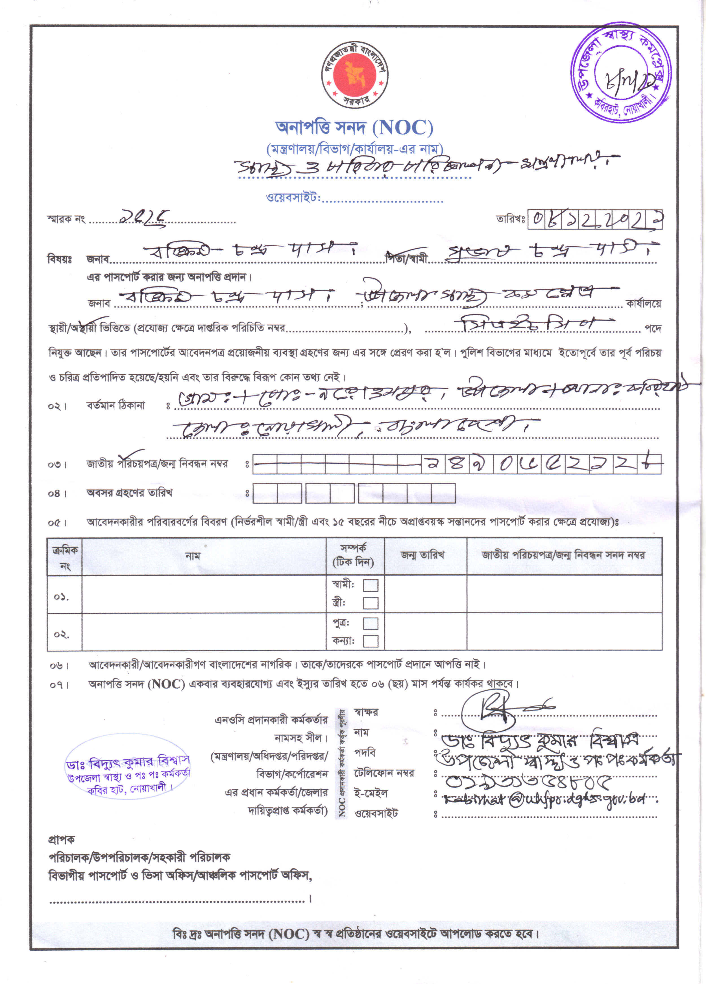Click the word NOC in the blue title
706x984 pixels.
coord(404,128)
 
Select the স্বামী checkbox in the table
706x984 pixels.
coord(370,585)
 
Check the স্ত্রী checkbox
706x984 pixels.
coord(370,603)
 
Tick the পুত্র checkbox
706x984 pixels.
coord(370,624)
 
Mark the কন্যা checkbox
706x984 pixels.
coord(370,641)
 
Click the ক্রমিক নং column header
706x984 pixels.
coord(65,557)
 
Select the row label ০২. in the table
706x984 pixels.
coord(61,634)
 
